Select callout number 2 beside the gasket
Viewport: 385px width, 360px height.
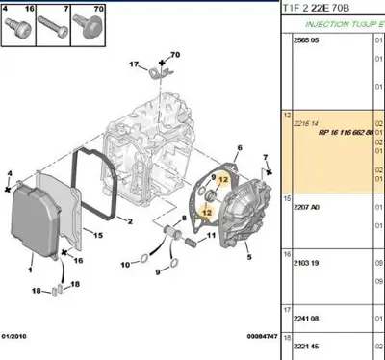pyautogui.click(x=128, y=220)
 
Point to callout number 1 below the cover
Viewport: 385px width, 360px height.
pyautogui.click(x=31, y=258)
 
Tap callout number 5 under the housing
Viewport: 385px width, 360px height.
pyautogui.click(x=249, y=258)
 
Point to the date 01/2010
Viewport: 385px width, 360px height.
pyautogui.click(x=17, y=335)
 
